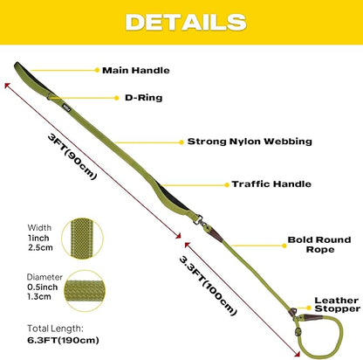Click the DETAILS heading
pyautogui.click(x=186, y=22)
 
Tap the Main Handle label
pyautogui.click(x=136, y=70)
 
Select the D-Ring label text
pyautogui.click(x=143, y=98)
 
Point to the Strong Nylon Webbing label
pyautogui.click(x=250, y=142)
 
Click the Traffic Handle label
pyautogui.click(x=271, y=184)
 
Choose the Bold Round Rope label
pyautogui.click(x=319, y=245)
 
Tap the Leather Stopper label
pyautogui.click(x=337, y=304)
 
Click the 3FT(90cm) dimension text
pyautogui.click(x=72, y=156)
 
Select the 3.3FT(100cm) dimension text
pyautogui.click(x=208, y=286)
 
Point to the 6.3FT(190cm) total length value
pyautogui.click(x=63, y=340)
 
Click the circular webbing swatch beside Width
pyautogui.click(x=82, y=239)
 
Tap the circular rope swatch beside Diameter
pyautogui.click(x=85, y=291)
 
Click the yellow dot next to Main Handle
pyautogui.click(x=97, y=70)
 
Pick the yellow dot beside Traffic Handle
pyautogui.click(x=227, y=184)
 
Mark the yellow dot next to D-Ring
pyautogui.click(x=117, y=98)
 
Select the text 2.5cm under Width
pyautogui.click(x=40, y=248)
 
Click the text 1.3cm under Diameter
pyautogui.click(x=39, y=297)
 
